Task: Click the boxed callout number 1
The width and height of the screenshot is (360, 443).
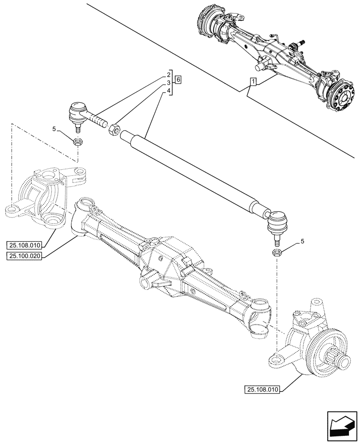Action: pos(253,82)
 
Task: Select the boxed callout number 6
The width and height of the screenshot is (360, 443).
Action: pos(178,80)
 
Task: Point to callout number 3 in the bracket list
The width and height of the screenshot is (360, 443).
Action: pos(169,83)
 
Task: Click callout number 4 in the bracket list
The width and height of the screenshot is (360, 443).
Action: pos(169,91)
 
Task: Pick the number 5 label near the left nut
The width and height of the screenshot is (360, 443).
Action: pos(54,129)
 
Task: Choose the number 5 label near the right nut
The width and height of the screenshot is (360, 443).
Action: pos(302,241)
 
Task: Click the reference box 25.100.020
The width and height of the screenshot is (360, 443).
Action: pos(24,256)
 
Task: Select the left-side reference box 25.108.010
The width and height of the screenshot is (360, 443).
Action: pos(24,245)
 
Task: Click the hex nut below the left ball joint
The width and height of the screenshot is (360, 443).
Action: pos(78,142)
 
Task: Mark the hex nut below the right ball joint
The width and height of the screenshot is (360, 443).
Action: pos(276,253)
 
